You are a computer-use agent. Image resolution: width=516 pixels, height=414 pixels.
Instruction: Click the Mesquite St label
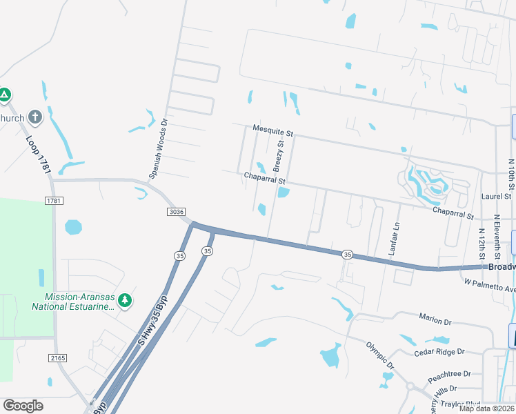coord(273,129)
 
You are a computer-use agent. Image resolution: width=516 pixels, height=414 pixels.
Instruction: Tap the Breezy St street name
coord(279,156)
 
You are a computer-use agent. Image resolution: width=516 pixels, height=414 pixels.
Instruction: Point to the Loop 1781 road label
coord(39,155)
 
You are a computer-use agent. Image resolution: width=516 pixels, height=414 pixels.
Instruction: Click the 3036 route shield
coord(176,213)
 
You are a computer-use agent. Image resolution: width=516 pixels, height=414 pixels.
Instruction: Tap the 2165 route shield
coord(57,358)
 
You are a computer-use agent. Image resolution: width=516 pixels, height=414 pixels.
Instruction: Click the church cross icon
coord(35,118)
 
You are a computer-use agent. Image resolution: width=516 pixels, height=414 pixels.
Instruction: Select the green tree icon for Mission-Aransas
coord(124,300)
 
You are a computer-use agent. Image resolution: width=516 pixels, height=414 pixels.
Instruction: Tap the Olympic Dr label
coord(379,355)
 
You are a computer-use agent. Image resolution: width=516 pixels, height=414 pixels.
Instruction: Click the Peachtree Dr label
coord(448,376)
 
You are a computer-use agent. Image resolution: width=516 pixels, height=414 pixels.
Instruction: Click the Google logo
coord(23,406)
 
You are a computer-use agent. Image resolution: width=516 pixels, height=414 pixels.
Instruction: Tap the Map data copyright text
coord(486,408)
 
